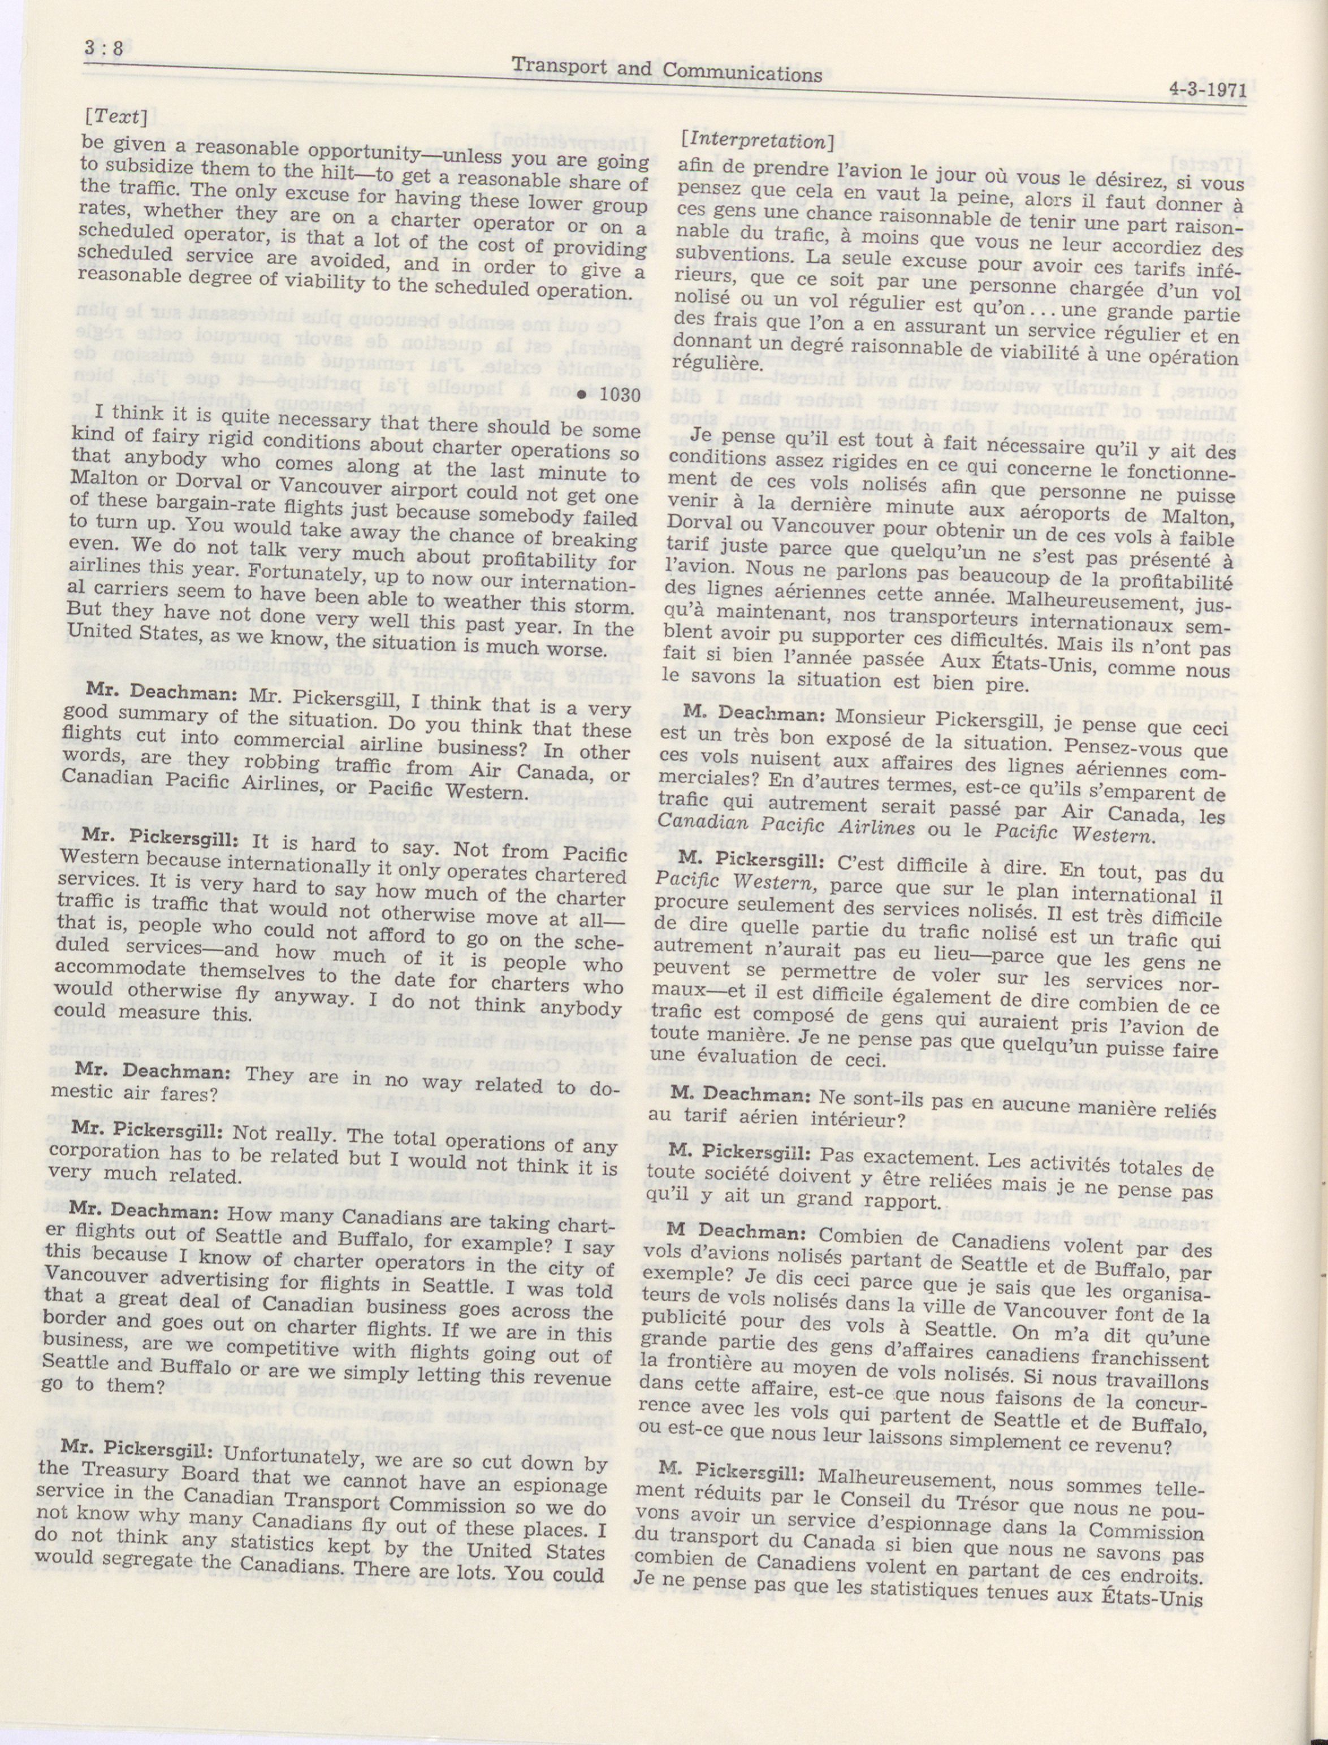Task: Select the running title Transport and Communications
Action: (667, 71)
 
